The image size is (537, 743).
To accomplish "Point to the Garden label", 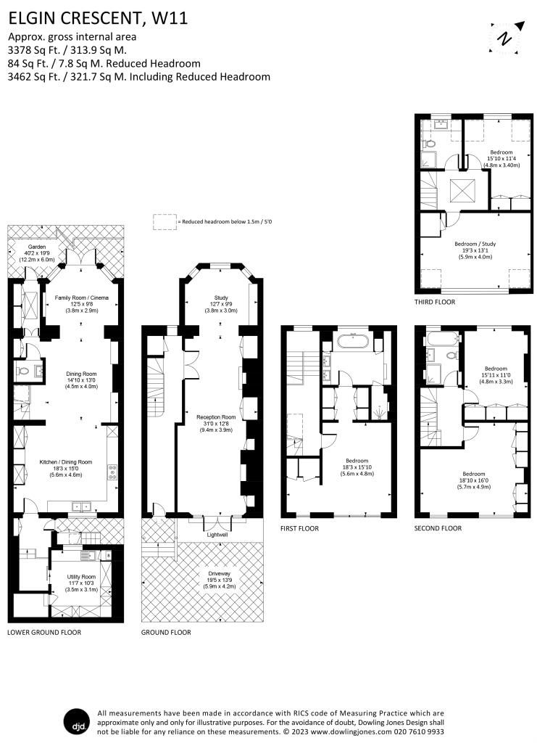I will tap(27, 247).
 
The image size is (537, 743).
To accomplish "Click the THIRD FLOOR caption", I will tap(435, 302).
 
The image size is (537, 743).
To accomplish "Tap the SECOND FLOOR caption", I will tap(438, 528).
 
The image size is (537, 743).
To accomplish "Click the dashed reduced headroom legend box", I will tap(165, 222).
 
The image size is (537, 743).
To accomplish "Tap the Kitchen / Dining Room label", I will tap(66, 461).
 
